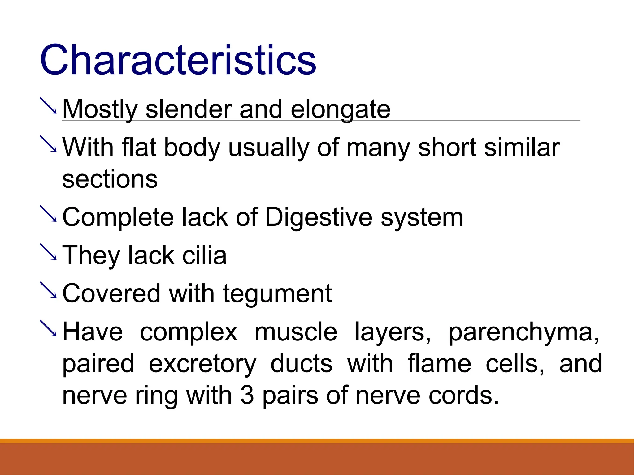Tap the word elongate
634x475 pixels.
point(341,110)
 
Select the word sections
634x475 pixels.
point(110,179)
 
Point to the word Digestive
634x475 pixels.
point(319,217)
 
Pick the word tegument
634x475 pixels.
point(277,294)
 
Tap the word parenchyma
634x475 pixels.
point(523,332)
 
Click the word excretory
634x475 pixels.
point(202,364)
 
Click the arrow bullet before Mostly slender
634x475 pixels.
point(48,106)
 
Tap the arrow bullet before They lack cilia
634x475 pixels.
point(48,252)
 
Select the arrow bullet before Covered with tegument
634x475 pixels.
point(48,290)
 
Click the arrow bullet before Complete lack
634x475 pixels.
point(48,214)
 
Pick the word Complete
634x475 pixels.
point(118,217)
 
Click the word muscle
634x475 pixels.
point(296,332)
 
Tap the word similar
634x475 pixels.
point(522,148)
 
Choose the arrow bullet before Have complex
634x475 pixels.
point(48,328)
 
